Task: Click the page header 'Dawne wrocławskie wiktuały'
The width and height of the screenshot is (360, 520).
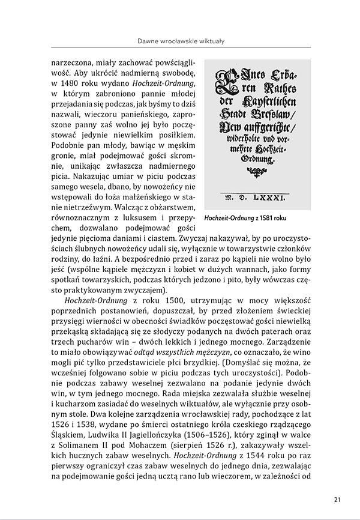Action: (180, 41)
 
